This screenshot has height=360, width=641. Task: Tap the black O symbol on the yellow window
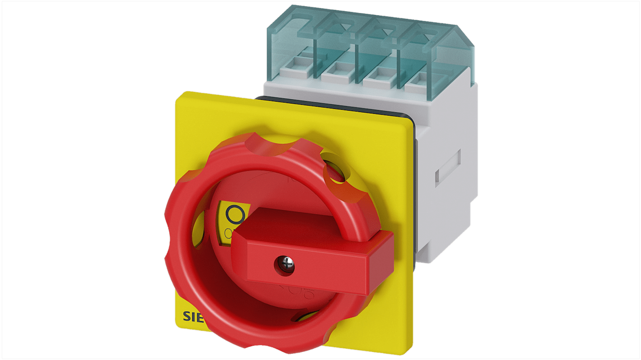click(x=235, y=215)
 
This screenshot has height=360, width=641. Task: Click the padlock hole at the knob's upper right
click(x=336, y=171)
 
